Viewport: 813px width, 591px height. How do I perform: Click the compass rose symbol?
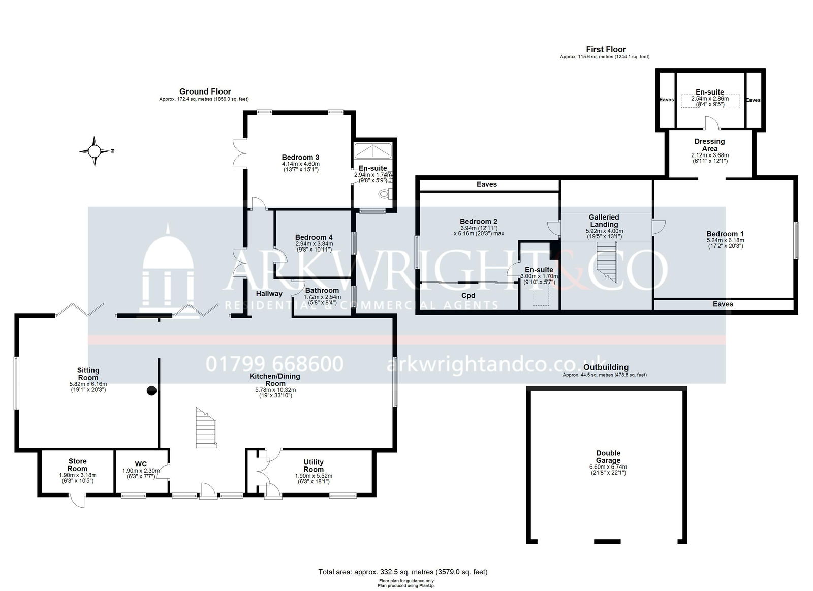[x=95, y=151]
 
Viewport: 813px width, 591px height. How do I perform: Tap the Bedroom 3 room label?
[x=300, y=157]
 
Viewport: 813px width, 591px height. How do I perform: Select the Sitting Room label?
[x=88, y=374]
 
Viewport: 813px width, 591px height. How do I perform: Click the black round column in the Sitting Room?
[x=151, y=391]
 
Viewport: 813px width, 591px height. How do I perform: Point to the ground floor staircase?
[x=206, y=428]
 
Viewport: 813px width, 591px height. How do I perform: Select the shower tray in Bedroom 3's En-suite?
[x=373, y=150]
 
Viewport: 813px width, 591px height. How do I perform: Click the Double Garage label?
[x=608, y=457]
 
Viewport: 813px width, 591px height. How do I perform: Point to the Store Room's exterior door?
[x=78, y=501]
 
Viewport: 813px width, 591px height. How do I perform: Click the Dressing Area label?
[x=709, y=145]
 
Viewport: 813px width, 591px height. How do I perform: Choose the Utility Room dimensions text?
[x=314, y=479]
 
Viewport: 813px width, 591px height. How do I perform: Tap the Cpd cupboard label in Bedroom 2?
[x=468, y=296]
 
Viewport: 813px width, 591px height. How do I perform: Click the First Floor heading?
[x=606, y=49]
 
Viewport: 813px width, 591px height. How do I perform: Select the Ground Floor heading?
[x=205, y=91]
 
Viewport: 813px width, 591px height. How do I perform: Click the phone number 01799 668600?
[x=275, y=364]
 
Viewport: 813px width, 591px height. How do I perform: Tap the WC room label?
[x=141, y=464]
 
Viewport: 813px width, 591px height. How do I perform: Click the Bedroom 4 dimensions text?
[x=314, y=246]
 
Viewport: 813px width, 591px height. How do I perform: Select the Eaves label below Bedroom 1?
[x=723, y=304]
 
